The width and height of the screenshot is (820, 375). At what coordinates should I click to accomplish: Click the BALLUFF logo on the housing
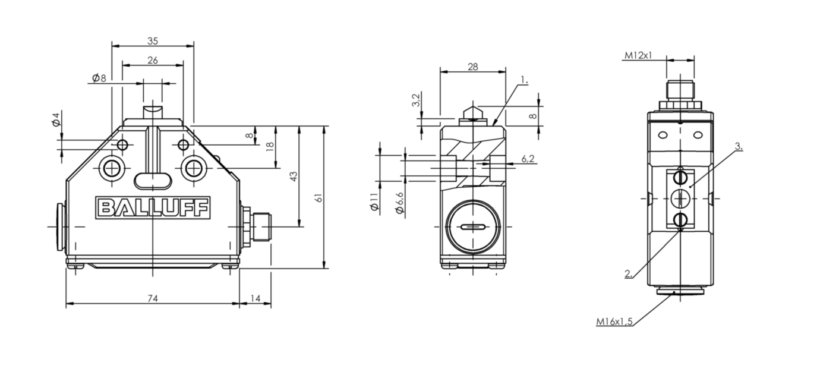point(153,207)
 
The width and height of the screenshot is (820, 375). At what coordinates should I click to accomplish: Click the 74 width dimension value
point(153,298)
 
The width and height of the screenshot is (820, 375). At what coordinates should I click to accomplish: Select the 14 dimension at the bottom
point(255,298)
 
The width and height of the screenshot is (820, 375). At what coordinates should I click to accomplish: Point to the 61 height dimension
point(319,198)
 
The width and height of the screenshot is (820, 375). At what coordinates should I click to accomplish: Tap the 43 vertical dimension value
point(294,177)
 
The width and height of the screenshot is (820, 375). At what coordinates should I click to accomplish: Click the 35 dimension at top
point(153,41)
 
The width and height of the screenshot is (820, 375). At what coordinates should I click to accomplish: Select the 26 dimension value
point(153,60)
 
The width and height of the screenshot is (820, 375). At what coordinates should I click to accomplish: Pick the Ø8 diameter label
point(99,78)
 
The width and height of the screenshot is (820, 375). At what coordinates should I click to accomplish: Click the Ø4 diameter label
point(56,120)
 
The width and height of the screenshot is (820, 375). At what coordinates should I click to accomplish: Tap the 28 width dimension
point(473,67)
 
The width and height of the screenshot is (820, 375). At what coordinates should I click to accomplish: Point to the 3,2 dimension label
point(416,100)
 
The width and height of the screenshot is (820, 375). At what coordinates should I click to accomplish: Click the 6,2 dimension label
point(528,159)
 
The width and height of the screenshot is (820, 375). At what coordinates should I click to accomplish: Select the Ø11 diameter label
point(374,201)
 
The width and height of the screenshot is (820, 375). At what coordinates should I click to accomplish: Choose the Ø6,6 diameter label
point(399,203)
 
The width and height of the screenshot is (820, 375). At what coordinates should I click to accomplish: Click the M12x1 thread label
point(638,55)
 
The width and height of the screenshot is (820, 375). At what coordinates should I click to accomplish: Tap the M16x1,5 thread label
point(614,322)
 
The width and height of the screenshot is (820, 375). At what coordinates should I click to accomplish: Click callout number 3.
point(739,146)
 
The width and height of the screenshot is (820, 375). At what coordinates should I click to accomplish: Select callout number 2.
point(628,273)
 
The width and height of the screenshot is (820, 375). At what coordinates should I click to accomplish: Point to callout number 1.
point(524,80)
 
